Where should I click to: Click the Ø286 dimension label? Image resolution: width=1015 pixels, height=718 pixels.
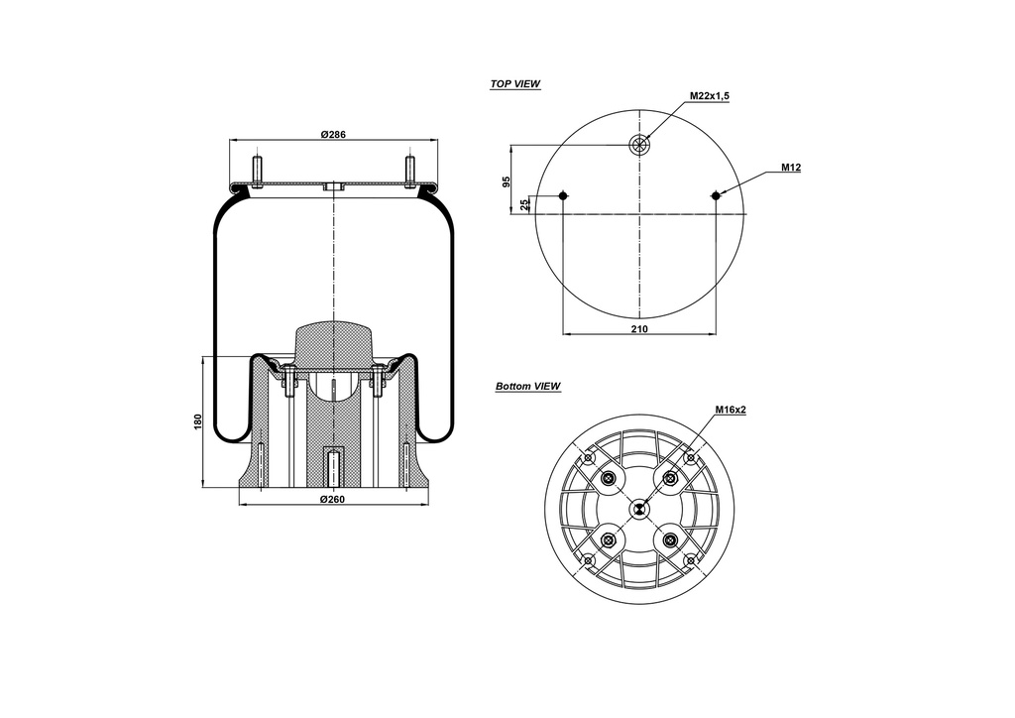click(x=333, y=135)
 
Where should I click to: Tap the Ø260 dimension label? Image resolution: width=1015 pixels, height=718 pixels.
click(x=333, y=499)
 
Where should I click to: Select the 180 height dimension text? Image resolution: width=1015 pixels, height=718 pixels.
click(x=198, y=420)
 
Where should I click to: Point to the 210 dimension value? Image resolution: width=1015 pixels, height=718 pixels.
click(x=639, y=329)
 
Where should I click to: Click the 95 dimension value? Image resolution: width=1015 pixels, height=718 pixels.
click(x=507, y=181)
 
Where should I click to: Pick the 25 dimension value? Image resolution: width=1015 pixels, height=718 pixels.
click(x=525, y=204)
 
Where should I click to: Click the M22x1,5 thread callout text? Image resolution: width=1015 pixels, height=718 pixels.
click(x=710, y=96)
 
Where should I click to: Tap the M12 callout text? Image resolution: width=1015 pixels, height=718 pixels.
click(x=791, y=168)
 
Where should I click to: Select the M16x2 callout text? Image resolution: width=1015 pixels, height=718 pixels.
click(x=731, y=410)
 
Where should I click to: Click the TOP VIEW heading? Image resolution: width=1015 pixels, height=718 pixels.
click(x=515, y=84)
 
